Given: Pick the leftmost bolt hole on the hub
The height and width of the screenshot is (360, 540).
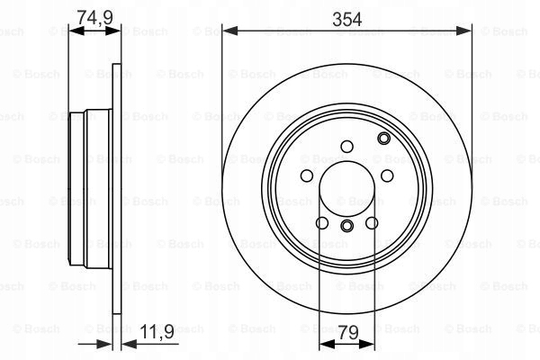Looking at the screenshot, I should [306, 176].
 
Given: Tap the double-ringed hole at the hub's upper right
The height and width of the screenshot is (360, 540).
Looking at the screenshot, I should [384, 138].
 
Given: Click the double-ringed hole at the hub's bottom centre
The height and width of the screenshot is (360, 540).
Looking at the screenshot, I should [347, 224].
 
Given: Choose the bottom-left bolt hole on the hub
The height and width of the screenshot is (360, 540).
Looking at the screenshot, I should [322, 221].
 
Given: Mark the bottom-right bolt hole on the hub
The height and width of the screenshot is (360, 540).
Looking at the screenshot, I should [373, 221].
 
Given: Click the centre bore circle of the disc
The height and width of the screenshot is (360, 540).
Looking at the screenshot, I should [347, 190].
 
